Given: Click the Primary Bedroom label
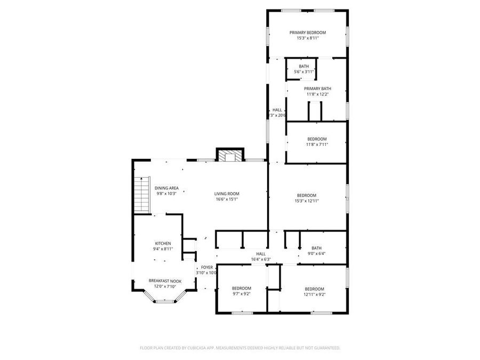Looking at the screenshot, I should tap(307, 33).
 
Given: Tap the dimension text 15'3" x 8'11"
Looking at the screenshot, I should tap(307, 38).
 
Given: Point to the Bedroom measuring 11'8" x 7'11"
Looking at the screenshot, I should tap(317, 139).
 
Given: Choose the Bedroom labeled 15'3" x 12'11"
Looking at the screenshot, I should tap(307, 195).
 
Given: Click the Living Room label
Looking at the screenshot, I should tap(227, 194).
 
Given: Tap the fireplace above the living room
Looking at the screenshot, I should tap(230, 155).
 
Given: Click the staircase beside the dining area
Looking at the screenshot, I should tap(140, 195).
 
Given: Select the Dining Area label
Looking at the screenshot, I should tap(167, 188).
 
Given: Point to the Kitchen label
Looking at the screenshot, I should tap(163, 243).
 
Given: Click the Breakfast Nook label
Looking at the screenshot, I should tap(165, 281).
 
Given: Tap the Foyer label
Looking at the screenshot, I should tap(207, 267).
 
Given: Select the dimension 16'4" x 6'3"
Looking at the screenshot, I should tap(261, 260).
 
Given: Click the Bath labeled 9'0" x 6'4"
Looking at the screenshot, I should tap(317, 248).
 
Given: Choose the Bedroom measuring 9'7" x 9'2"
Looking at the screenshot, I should tap(242, 289).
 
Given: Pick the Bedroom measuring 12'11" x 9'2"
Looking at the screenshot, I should tap(314, 289).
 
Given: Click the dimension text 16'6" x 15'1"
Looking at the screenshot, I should tap(227, 199).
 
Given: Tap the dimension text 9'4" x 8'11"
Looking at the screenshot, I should tap(163, 249).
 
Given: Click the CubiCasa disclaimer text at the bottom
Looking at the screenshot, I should tap(239, 348).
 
